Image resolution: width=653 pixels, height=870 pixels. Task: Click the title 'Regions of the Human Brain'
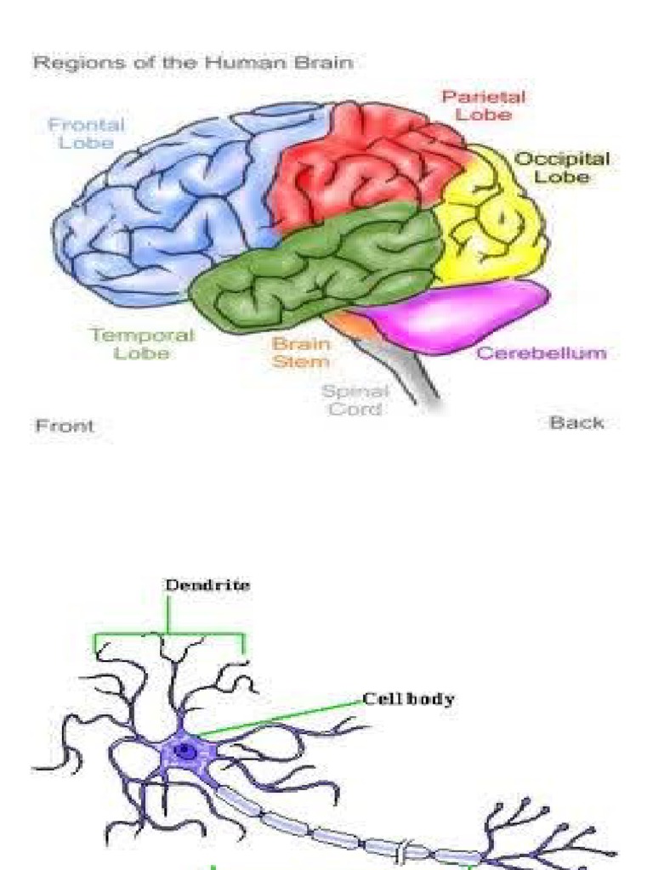192,64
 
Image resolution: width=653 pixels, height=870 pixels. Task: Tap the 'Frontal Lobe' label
86,133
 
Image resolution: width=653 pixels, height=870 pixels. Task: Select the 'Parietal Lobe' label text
482,105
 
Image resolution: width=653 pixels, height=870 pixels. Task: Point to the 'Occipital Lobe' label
562,167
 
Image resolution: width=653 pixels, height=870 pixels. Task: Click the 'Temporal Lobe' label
142,343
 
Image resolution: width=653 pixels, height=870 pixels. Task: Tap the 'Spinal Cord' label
355,399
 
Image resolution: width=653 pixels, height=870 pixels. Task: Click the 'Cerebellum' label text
542,353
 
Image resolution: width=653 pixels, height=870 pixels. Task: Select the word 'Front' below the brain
65,426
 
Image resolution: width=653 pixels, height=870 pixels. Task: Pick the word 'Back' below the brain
576,422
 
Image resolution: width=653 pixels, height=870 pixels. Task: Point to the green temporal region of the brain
323,263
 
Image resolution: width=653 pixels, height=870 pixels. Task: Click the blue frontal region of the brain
162,212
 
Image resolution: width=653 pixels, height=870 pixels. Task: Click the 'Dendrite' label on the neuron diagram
207,585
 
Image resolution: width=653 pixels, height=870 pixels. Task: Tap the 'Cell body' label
408,699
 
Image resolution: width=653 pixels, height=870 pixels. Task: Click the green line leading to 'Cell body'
281,718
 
